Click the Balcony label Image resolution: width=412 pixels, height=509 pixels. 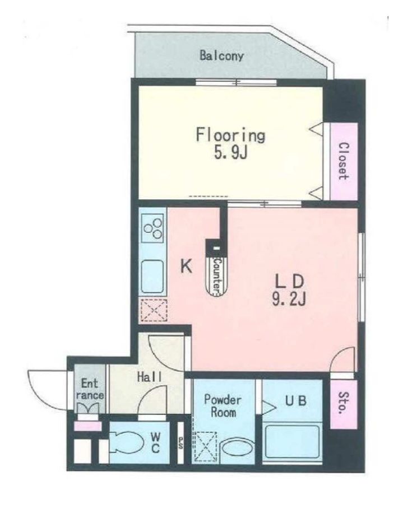tap(221, 56)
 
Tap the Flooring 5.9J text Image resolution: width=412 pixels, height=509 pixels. tap(230, 144)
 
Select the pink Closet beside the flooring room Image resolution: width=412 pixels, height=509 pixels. tap(344, 161)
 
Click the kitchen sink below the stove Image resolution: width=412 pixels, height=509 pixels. tap(152, 277)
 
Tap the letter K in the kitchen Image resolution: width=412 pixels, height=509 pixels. tap(186, 267)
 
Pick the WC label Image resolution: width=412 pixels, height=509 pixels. tap(155, 443)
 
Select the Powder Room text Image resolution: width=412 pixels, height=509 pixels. tap(223, 406)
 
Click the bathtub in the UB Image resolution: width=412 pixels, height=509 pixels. tap(292, 441)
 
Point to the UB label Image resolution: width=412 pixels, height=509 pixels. tap(295, 400)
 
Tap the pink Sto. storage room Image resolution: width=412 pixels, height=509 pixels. tap(344, 404)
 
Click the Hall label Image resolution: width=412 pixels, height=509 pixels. tap(150, 377)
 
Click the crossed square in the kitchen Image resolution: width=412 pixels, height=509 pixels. tap(153, 310)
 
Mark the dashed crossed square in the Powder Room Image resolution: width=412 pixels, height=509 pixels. tap(205, 447)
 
